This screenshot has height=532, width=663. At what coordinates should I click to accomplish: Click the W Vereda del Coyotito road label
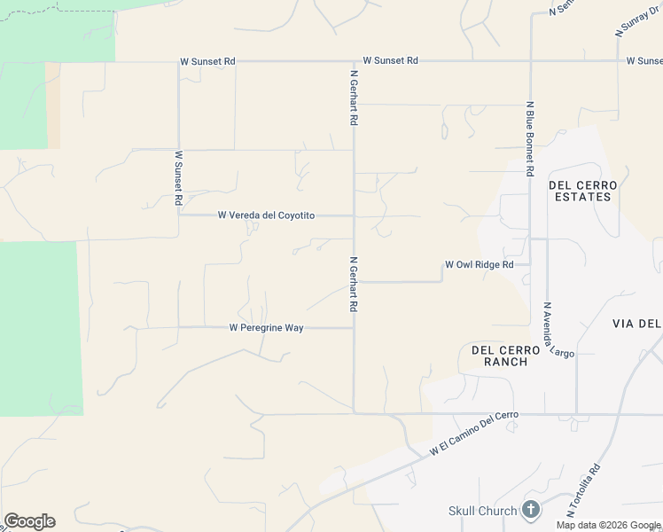266,215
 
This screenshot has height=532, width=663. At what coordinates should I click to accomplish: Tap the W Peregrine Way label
266,328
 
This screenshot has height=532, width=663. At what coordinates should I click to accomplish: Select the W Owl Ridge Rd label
479,265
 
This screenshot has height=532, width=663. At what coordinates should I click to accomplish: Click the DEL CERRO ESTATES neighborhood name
580,191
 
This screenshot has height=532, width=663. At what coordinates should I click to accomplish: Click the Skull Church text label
481,511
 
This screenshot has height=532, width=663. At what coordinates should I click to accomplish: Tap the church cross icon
530,510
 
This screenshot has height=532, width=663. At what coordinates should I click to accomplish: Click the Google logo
29,521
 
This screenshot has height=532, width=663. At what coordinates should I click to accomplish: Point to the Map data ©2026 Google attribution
608,525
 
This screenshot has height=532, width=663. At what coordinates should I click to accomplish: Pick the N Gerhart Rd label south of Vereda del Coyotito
354,284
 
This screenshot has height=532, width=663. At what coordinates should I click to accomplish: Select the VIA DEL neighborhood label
636,324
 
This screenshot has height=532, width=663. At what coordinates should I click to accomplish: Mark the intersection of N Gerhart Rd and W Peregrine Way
355,328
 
